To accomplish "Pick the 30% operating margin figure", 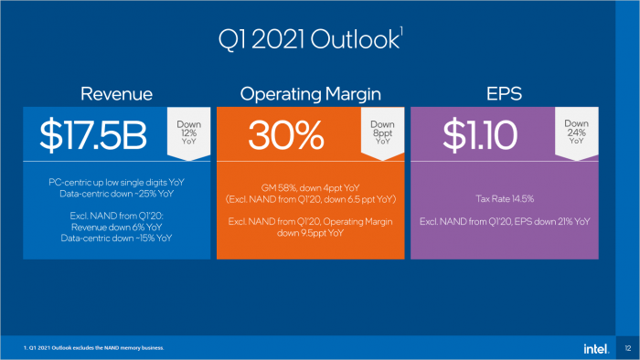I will (285, 134).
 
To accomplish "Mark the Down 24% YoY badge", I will (576, 129).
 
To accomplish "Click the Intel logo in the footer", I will (595, 348).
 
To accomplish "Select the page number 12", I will (627, 348).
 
